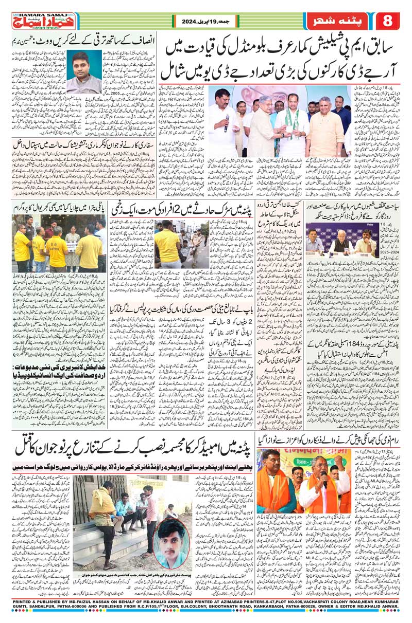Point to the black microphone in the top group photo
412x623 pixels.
(x=227, y=123)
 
